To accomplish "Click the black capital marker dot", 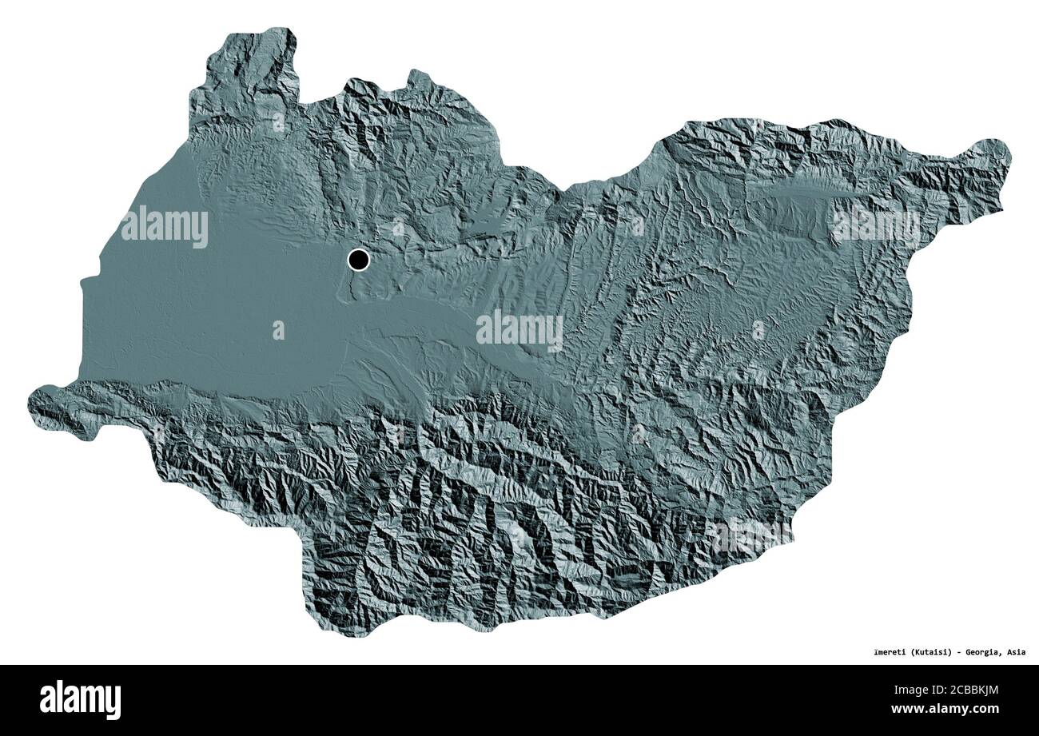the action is click(359, 260).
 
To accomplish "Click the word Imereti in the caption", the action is click(887, 652).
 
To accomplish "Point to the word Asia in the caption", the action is click(1016, 652).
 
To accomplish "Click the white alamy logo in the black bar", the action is click(80, 699).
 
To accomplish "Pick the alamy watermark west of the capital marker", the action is click(165, 227).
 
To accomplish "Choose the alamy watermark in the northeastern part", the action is click(875, 227).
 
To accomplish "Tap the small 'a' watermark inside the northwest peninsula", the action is click(277, 122).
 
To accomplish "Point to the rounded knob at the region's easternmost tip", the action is click(993, 154).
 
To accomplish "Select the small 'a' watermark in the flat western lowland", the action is click(278, 330).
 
